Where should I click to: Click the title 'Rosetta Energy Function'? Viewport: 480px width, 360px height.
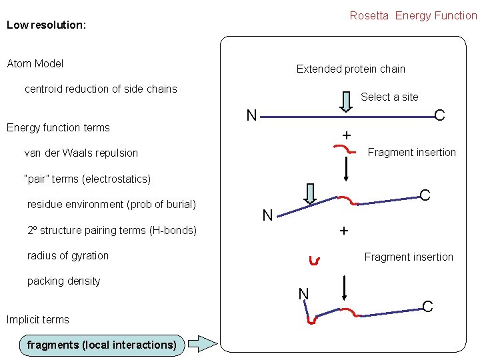click(x=413, y=15)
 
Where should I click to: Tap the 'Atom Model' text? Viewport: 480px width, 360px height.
click(x=35, y=64)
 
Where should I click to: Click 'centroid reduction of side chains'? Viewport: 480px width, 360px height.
click(x=101, y=89)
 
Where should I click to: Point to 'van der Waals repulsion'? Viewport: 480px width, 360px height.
click(x=81, y=153)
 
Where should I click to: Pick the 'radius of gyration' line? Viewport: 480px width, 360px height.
click(x=68, y=256)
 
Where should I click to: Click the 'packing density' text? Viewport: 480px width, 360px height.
click(x=63, y=281)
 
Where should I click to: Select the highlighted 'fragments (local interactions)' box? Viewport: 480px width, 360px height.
click(x=101, y=345)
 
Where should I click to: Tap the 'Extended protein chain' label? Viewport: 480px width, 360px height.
click(x=351, y=69)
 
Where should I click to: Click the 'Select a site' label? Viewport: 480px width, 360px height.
click(x=389, y=97)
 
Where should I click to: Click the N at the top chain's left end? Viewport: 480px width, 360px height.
click(x=251, y=116)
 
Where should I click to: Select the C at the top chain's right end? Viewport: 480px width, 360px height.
click(x=439, y=116)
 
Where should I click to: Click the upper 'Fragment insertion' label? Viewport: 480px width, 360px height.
click(x=412, y=153)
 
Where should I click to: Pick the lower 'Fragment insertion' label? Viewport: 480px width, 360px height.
click(x=409, y=257)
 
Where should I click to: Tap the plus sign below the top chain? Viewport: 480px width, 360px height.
click(x=346, y=136)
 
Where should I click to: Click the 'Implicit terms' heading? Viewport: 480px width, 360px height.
click(x=38, y=320)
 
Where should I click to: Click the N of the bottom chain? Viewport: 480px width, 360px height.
click(x=303, y=293)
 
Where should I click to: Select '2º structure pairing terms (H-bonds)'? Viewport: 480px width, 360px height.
click(x=112, y=231)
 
